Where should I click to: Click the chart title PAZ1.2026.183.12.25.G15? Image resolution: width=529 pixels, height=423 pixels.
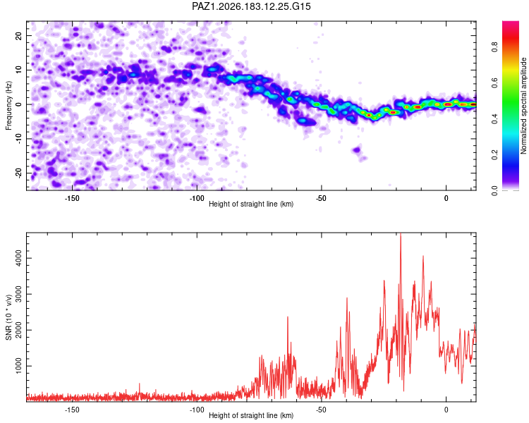pyautogui.click(x=251, y=6)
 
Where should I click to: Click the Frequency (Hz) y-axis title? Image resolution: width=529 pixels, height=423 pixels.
pyautogui.click(x=8, y=106)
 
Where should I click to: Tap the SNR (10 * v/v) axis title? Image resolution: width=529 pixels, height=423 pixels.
pyautogui.click(x=8, y=317)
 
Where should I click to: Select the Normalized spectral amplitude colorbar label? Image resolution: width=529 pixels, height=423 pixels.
pyautogui.click(x=523, y=106)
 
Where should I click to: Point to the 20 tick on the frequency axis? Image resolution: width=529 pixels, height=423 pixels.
pyautogui.click(x=18, y=35)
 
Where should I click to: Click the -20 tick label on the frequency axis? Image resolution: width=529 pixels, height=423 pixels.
pyautogui.click(x=18, y=173)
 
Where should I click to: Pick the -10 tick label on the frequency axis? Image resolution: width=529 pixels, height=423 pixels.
pyautogui.click(x=18, y=139)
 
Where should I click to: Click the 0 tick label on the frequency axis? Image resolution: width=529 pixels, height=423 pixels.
pyautogui.click(x=18, y=104)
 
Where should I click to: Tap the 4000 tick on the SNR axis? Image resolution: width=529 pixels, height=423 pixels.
pyautogui.click(x=18, y=259)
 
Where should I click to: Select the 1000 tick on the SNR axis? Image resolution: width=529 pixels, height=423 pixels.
pyautogui.click(x=18, y=366)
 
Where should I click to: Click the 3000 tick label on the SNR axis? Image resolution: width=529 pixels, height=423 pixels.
pyautogui.click(x=18, y=294)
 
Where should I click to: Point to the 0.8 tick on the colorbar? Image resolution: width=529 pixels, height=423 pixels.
pyautogui.click(x=494, y=47)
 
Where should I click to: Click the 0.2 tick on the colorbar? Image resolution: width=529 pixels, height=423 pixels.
pyautogui.click(x=494, y=155)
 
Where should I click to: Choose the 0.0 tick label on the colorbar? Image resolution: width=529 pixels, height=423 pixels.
pyautogui.click(x=494, y=190)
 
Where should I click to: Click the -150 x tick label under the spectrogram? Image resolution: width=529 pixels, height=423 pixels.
pyautogui.click(x=72, y=198)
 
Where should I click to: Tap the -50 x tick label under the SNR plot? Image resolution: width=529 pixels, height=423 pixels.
pyautogui.click(x=321, y=410)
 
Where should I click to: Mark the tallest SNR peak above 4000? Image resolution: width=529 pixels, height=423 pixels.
pyautogui.click(x=401, y=234)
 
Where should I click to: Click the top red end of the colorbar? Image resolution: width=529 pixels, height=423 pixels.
pyautogui.click(x=511, y=23)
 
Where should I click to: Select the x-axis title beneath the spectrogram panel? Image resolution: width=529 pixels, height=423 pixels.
pyautogui.click(x=251, y=204)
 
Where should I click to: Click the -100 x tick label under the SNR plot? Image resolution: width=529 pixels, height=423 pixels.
pyautogui.click(x=197, y=410)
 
